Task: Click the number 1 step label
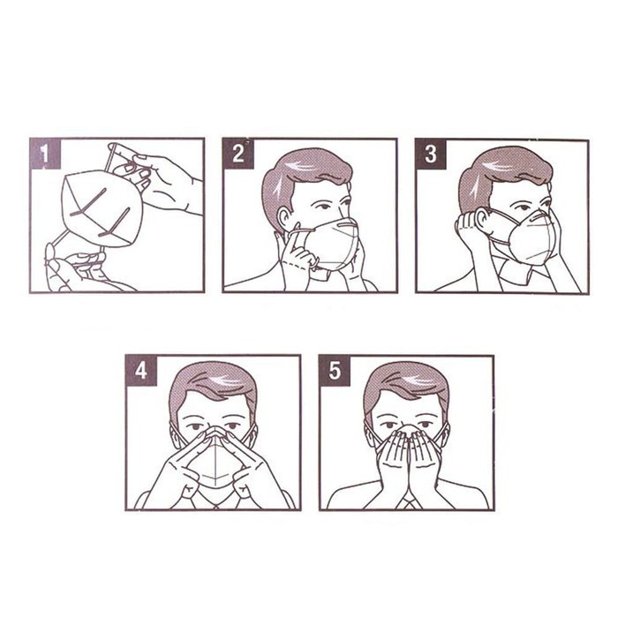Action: click(x=45, y=154)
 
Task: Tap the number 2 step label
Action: click(x=238, y=154)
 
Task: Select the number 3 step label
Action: click(x=431, y=154)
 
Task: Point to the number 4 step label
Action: click(x=141, y=371)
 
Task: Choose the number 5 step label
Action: click(x=335, y=371)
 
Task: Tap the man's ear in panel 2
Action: click(x=284, y=220)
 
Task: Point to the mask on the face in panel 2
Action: click(x=335, y=245)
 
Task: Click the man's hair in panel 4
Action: click(x=213, y=387)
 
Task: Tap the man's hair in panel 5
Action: click(x=407, y=387)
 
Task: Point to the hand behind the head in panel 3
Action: click(x=471, y=232)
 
